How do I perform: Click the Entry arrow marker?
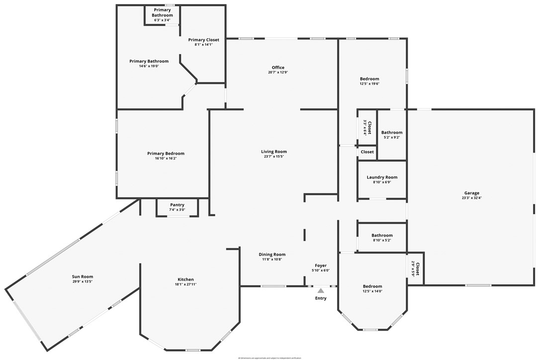321,290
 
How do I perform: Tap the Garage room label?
471,193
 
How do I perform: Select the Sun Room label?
83,276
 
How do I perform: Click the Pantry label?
177,205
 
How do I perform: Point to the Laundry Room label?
382,177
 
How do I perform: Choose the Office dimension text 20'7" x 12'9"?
278,73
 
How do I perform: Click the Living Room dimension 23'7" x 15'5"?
274,157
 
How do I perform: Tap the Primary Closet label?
203,40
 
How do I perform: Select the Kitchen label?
186,279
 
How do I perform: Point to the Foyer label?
321,266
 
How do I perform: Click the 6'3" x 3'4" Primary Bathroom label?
162,20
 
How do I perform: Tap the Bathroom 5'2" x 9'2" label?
392,132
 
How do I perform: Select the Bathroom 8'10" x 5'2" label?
382,235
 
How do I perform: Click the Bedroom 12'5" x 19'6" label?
369,79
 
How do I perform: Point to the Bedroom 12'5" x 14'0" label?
372,286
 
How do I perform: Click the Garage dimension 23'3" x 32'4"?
471,198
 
